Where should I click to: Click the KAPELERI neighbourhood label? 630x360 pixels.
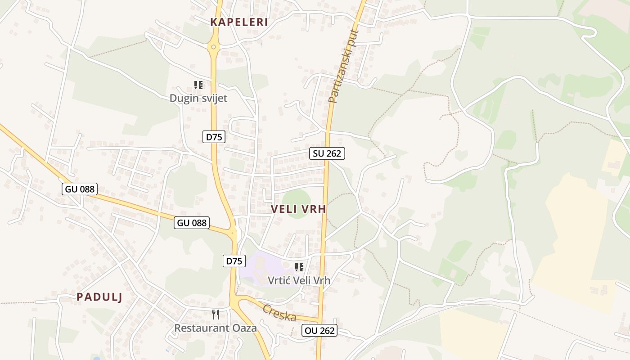[239, 22]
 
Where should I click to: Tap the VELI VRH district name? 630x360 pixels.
[298, 209]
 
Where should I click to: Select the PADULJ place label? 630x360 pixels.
[99, 297]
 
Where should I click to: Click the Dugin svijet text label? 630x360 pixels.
[198, 99]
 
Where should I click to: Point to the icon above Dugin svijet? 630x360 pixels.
[198, 85]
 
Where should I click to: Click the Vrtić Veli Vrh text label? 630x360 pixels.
[299, 280]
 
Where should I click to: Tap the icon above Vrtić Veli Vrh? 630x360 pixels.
[299, 267]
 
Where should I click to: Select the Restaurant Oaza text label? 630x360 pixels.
[216, 328]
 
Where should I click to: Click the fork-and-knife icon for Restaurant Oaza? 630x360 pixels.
[216, 315]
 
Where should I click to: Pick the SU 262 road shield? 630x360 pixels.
[327, 153]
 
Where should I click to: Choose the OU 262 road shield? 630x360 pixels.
[319, 331]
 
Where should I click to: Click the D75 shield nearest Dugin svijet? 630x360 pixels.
[214, 137]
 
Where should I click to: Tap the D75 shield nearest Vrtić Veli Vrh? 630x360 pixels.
[234, 261]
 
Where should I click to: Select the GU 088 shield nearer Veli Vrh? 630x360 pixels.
[192, 222]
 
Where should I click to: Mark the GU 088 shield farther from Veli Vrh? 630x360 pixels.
[80, 189]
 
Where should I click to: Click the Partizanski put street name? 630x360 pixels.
[343, 67]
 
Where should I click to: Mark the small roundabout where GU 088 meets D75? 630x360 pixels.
[232, 233]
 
